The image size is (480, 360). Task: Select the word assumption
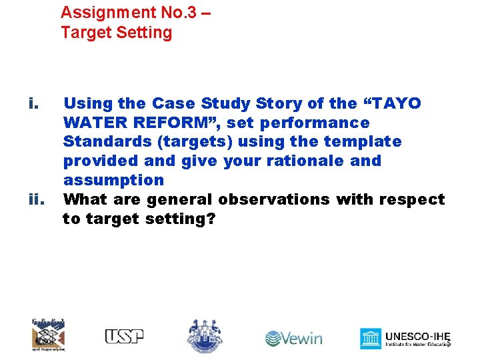pos(113,180)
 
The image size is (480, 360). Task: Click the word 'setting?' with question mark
pos(180,218)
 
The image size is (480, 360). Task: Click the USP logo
pos(124,337)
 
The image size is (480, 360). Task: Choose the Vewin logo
pos(293,338)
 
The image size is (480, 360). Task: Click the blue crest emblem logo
pos(205,335)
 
